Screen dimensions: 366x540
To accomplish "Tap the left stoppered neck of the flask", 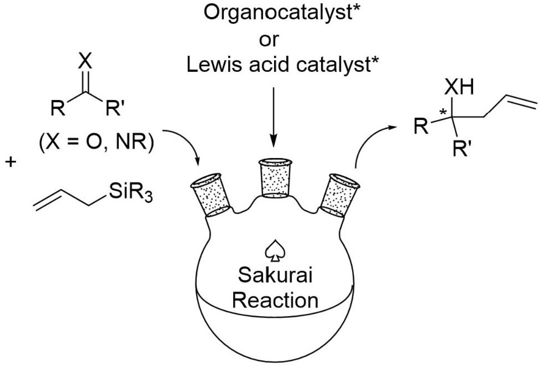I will (x=211, y=194).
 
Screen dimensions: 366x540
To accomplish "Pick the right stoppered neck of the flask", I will (x=341, y=194).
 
